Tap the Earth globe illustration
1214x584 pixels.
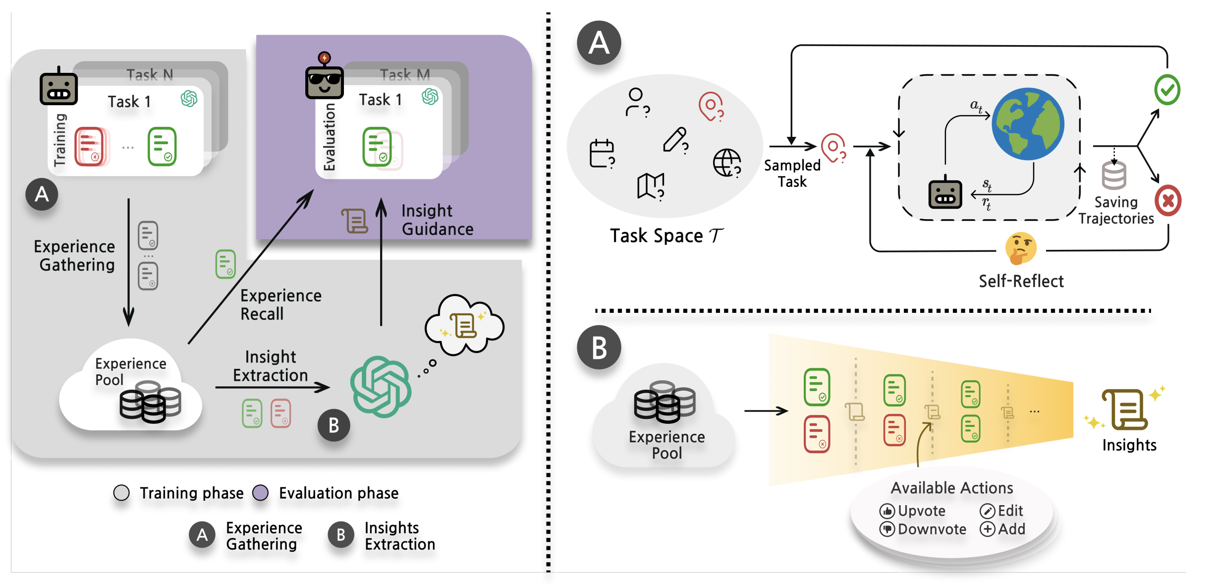point(1028,124)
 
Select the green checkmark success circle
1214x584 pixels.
point(1167,90)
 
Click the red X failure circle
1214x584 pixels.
point(1168,201)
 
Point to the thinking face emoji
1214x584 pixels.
point(1021,248)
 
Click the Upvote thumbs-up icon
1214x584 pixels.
point(886,511)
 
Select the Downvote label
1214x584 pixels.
point(932,529)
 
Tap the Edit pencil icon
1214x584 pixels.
point(987,511)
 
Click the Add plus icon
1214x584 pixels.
point(987,529)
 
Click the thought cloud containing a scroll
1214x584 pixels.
point(464,325)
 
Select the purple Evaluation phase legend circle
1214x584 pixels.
point(260,493)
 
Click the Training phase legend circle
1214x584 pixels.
point(121,493)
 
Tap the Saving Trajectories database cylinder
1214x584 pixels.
point(1114,175)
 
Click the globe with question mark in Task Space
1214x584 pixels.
point(727,163)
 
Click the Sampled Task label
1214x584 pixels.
point(792,174)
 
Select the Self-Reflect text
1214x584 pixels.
point(1021,281)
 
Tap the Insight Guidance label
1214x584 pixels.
point(437,220)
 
